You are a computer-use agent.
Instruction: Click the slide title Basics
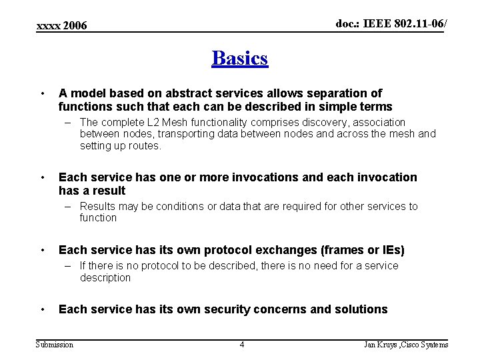coord(240,59)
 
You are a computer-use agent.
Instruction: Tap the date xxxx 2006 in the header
coord(62,25)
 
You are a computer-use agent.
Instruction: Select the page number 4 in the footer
coord(242,345)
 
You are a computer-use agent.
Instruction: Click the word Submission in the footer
coord(55,345)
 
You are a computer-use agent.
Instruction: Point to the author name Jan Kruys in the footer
coord(380,345)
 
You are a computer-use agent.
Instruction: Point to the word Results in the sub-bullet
coord(97,207)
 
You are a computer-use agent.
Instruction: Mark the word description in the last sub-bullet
coord(105,278)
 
